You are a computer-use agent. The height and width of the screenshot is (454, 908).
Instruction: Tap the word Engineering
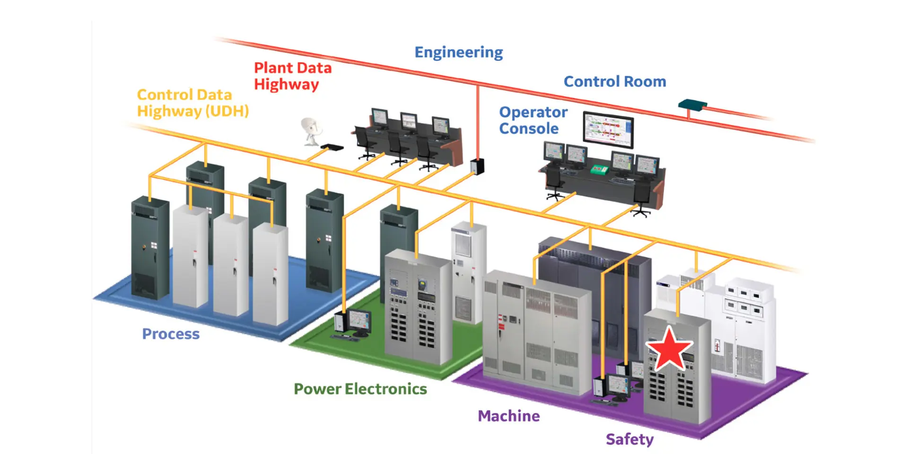coord(459,52)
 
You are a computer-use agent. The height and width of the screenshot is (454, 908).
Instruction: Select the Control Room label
coord(615,81)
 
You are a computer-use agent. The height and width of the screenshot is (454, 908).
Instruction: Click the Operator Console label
coord(533,120)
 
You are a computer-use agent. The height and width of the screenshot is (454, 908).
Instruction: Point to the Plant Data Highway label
coord(293,76)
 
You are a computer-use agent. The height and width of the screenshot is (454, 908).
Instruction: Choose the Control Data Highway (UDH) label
coord(193,103)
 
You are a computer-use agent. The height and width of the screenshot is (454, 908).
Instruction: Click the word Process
coord(171,334)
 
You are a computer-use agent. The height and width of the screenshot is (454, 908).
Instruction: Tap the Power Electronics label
coord(360,389)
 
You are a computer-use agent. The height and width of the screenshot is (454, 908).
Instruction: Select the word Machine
coord(509,416)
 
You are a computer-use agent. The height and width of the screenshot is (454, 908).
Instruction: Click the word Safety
coord(630,439)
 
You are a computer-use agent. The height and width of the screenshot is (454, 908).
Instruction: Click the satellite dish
coord(311,131)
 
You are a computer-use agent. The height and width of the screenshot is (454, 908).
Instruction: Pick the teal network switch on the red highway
coord(692,104)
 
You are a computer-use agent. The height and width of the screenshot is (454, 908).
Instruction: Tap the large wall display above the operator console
coord(608,130)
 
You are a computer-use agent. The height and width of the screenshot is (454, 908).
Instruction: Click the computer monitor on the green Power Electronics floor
coord(359,322)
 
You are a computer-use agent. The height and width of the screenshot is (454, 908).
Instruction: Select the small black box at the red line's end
coord(477,166)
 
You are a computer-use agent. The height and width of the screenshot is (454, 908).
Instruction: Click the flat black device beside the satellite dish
coord(332,148)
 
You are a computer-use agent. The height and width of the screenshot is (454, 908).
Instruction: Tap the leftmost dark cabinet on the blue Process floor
coord(150,248)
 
